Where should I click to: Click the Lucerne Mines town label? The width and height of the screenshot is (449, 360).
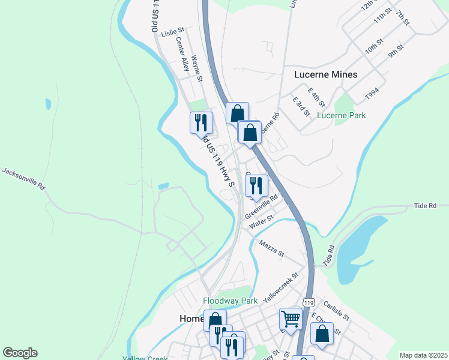click(326, 75)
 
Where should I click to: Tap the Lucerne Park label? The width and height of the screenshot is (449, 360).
click(341, 115)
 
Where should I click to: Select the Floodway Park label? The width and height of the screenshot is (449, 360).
click(230, 301)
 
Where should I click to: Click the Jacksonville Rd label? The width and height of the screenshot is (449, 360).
click(24, 179)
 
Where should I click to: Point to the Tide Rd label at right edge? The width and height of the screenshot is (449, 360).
click(425, 206)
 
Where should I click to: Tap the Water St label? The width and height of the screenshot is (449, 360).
click(261, 222)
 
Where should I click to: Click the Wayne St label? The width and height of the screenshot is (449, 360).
click(197, 68)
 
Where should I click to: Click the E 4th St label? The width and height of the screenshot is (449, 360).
click(316, 97)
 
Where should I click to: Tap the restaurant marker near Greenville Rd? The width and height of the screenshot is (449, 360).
click(257, 186)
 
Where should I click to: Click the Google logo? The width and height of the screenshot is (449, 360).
click(20, 353)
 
